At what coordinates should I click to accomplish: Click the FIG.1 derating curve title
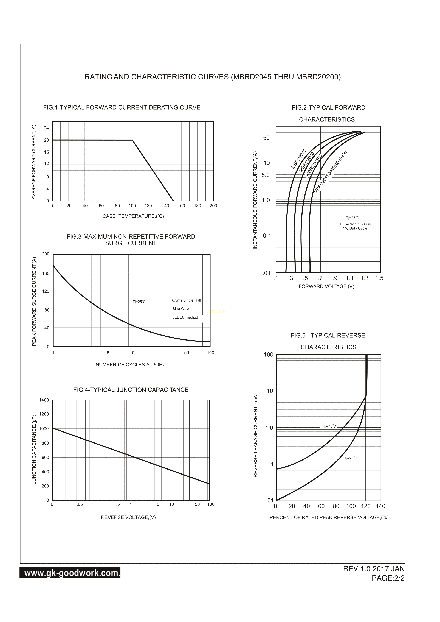coord(122,107)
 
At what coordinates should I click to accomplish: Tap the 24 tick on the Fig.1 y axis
coord(46,128)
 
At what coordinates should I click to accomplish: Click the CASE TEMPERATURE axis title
coord(133,216)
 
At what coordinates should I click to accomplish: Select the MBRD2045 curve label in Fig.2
coord(299,159)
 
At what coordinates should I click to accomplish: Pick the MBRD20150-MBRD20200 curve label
coord(330,172)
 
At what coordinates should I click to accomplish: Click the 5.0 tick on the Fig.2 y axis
coord(266,175)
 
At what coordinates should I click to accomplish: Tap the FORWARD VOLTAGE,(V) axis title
coord(326,286)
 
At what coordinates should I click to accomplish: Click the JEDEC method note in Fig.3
coord(185,317)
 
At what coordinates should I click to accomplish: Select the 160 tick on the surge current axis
coord(46,273)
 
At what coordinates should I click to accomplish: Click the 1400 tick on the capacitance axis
coord(44,400)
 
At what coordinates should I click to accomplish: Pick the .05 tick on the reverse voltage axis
coord(80,504)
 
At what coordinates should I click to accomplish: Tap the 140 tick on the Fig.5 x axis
coord(380,506)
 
